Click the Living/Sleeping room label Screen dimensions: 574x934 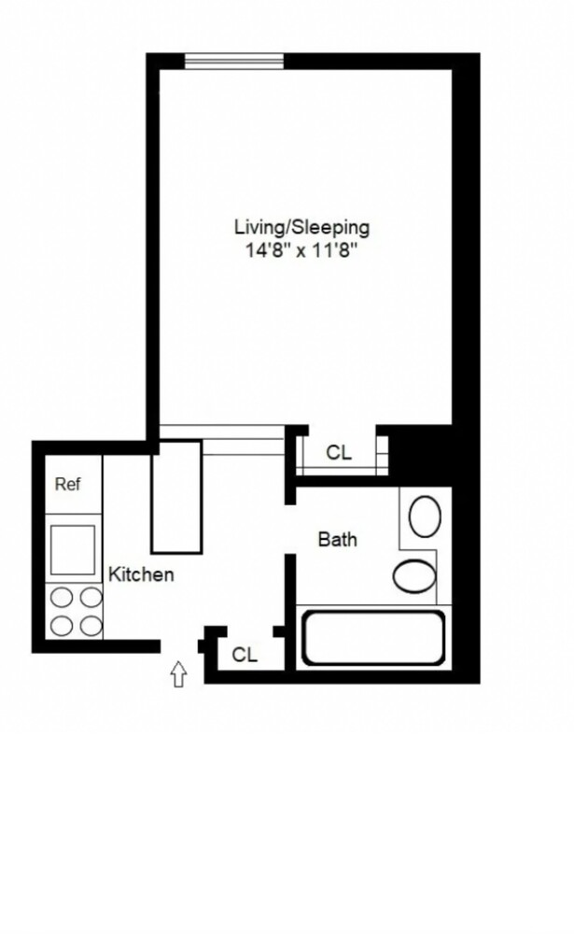click(x=301, y=228)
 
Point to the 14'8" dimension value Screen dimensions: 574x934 click(x=268, y=250)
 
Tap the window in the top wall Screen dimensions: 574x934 click(x=234, y=62)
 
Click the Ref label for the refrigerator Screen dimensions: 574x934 click(x=67, y=484)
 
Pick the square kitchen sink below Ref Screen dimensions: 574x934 click(x=73, y=549)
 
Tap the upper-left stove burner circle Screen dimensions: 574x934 click(x=62, y=597)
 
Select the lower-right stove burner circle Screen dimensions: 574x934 click(x=91, y=626)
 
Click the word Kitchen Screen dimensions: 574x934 click(x=141, y=574)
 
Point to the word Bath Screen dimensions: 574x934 click(x=338, y=540)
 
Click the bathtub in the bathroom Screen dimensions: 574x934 click(x=373, y=638)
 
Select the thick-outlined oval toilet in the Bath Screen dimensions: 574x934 click(x=414, y=576)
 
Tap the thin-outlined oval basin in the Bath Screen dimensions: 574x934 click(x=426, y=517)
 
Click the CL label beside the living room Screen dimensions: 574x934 click(x=339, y=453)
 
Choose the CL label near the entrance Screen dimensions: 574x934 click(x=245, y=655)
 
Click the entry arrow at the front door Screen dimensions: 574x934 click(x=178, y=674)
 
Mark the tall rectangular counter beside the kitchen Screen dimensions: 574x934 click(x=176, y=497)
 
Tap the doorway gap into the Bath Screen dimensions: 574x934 click(x=290, y=529)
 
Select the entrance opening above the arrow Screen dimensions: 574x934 click(x=179, y=646)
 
